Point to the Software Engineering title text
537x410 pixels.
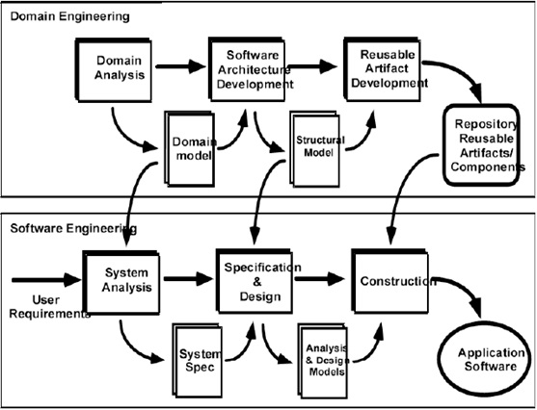pyautogui.click(x=61, y=228)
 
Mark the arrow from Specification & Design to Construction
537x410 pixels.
pyautogui.click(x=320, y=280)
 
